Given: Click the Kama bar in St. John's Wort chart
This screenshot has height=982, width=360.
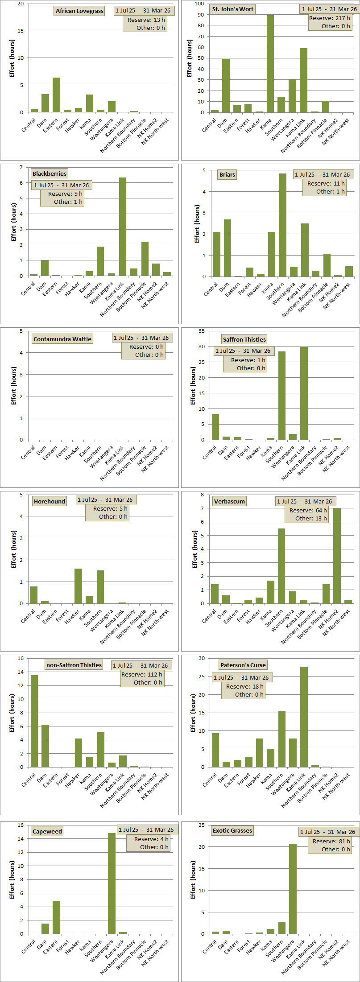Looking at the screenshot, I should coord(270,64).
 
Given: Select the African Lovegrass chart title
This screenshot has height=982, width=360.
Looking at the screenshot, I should coord(80,11).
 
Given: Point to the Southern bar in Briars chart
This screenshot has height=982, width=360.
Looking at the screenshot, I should coord(283,225).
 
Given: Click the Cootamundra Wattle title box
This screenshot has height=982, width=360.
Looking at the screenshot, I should coord(62,339).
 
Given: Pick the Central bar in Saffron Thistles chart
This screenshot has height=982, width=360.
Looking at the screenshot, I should coord(215,427).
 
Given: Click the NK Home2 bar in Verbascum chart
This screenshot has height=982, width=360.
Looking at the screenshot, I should coord(337,556).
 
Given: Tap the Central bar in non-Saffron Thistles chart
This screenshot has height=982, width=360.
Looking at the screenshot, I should coord(34,721).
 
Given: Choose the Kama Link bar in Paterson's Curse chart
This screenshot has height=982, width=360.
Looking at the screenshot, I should coord(304,717).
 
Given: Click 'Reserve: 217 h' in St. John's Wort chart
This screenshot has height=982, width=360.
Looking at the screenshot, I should coord(330,18).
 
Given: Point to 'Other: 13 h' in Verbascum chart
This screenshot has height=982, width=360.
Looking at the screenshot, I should coord(311,518).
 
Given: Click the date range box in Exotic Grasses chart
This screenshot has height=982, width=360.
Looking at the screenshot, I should coord(328,832).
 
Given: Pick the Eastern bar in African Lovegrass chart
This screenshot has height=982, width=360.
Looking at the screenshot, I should coord(56,95).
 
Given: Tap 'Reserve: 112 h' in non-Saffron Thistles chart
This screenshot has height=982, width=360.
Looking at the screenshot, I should coord(142,674).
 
